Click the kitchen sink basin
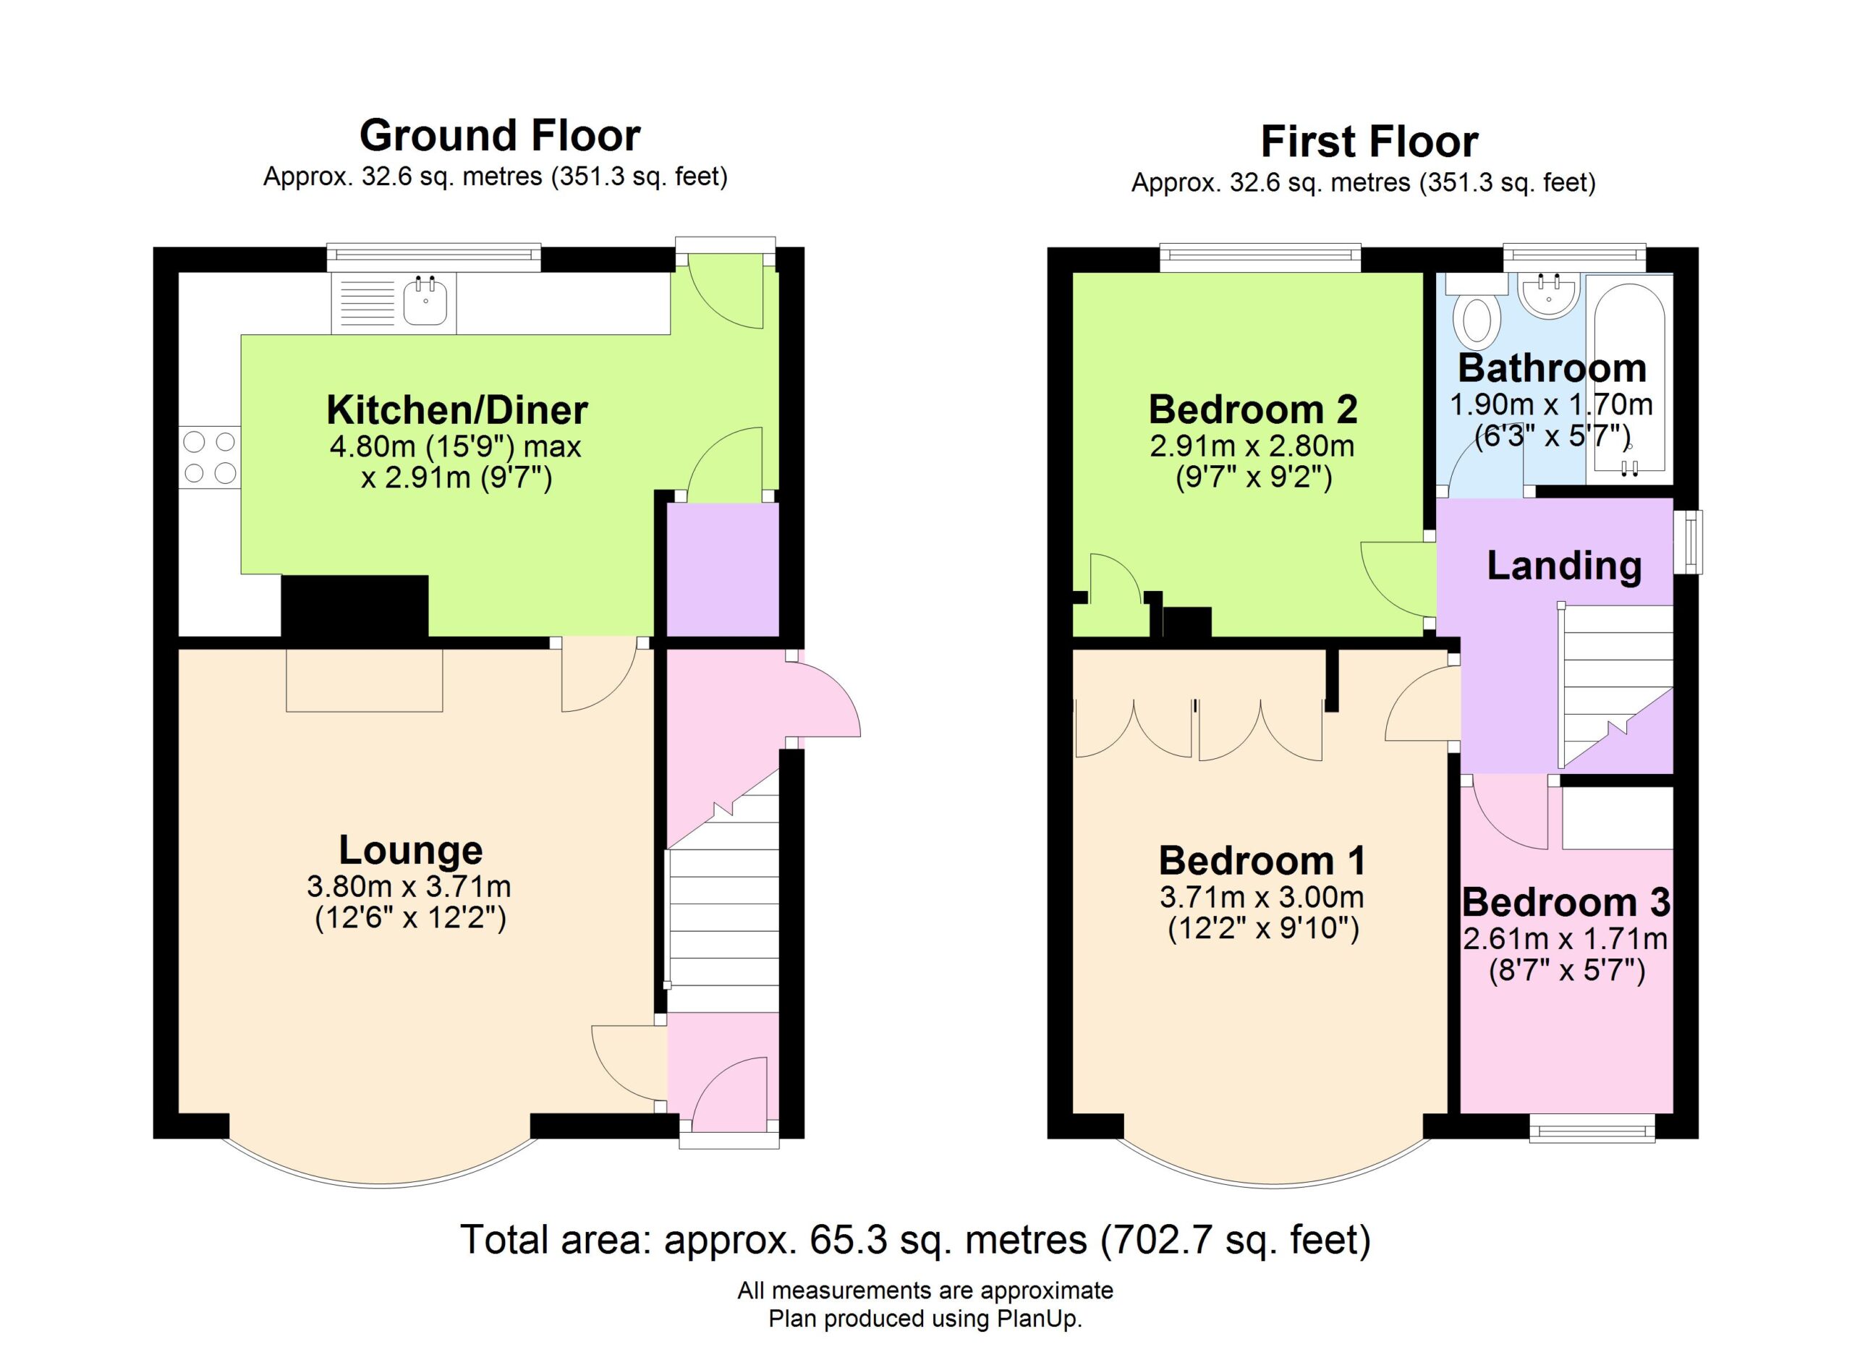[x=425, y=301]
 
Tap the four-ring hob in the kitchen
[x=210, y=457]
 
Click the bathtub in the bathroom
[x=1629, y=379]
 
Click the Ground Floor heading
[x=500, y=135]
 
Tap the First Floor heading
[x=1369, y=142]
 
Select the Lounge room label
[x=411, y=850]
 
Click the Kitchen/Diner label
[x=457, y=409]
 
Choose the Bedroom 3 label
[x=1566, y=902]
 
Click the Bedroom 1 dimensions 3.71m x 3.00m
[x=1262, y=898]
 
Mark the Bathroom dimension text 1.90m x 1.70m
[x=1552, y=404]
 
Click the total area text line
[x=915, y=1239]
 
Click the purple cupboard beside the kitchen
[x=723, y=569]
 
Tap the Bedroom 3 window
[x=1592, y=1131]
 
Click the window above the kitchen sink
[x=433, y=257]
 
